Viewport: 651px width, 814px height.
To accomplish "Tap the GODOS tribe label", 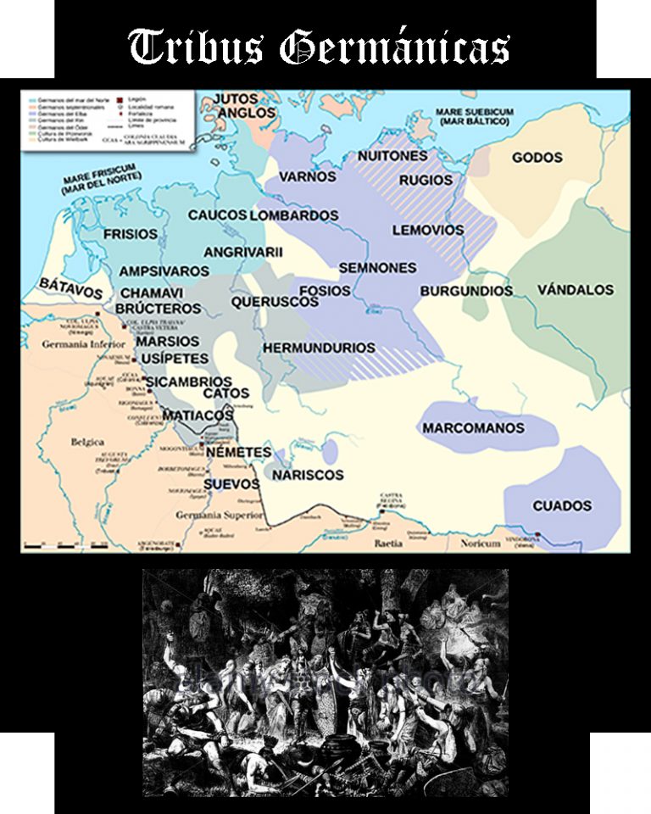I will coord(537,158).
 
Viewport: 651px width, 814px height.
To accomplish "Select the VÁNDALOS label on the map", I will coord(575,290).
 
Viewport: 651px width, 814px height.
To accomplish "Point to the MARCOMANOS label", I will coord(473,428).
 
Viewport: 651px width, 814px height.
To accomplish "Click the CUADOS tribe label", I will coord(562,506).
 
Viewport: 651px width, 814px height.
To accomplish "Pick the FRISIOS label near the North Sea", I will coord(131,234).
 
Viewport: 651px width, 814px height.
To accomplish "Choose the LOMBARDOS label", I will coord(294,215).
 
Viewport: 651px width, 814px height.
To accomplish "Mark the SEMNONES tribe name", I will coord(377,268).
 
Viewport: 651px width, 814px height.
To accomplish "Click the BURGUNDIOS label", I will coord(466,291).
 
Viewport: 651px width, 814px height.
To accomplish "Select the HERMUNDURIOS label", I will coord(319,348).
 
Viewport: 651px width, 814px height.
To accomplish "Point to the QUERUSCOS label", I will coord(275,301).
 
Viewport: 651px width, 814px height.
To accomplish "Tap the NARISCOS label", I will coord(309,475).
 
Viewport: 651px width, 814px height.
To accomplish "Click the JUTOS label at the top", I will coord(235,98).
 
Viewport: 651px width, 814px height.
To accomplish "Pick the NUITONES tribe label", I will coord(392,157).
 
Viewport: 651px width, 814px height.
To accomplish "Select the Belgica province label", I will coord(88,442).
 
